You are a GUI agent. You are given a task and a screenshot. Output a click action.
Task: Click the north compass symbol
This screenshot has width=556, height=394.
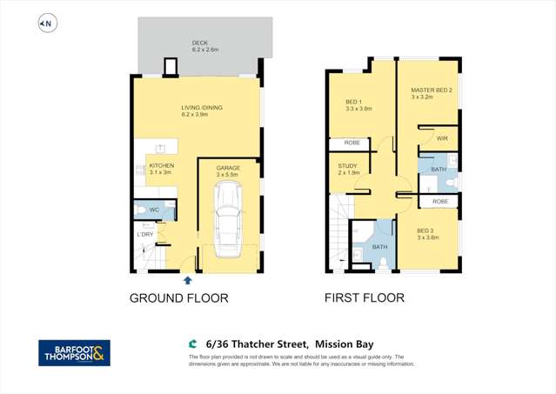[x=47, y=24]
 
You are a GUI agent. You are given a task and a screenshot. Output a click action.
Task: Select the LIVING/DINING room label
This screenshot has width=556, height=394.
[x=201, y=108]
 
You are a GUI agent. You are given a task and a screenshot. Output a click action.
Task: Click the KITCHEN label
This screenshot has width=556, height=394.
[x=162, y=165]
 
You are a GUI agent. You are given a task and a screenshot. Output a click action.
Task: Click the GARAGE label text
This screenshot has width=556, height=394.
[x=227, y=168]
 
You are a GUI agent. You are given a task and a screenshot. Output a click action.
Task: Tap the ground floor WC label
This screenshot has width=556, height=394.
[x=153, y=210]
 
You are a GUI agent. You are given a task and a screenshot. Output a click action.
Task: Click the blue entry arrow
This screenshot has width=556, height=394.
[x=188, y=280]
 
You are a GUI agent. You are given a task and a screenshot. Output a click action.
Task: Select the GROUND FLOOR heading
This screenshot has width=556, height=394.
[x=178, y=298]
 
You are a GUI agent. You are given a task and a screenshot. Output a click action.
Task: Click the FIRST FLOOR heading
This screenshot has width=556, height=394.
[x=365, y=298]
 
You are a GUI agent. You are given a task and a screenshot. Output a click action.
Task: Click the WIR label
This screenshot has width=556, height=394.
[x=441, y=137]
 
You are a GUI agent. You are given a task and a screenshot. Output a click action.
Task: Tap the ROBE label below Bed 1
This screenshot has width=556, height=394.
[x=352, y=143]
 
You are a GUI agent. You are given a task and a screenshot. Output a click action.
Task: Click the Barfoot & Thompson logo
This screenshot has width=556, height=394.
[x=74, y=352]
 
